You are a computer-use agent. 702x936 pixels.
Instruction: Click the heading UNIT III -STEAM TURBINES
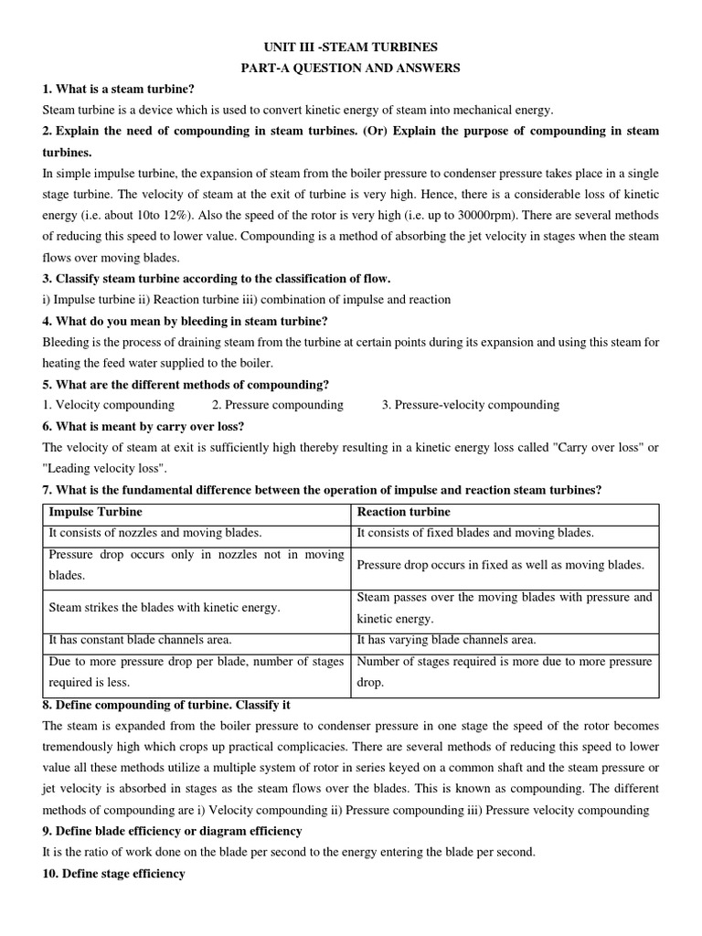[x=351, y=47]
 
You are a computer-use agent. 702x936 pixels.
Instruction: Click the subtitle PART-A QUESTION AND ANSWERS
[x=351, y=68]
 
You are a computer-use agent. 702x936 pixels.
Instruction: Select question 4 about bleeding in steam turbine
[x=185, y=320]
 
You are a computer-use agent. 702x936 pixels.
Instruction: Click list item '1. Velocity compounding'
[x=108, y=404]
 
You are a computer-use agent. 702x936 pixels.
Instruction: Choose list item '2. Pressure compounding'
[x=278, y=404]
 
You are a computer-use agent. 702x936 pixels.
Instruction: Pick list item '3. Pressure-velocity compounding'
[x=471, y=404]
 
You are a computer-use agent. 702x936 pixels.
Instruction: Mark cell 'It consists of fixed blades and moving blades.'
[x=474, y=533]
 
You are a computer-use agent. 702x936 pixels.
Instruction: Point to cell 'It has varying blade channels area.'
[x=446, y=640]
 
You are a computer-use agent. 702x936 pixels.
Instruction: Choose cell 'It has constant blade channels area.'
[x=140, y=640]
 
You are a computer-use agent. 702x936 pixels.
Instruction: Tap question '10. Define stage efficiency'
[x=113, y=873]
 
